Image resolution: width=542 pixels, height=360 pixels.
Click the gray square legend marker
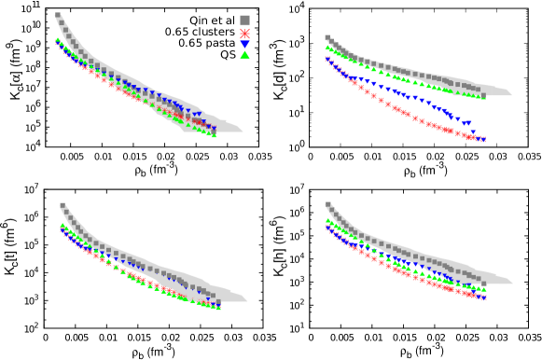point(244,20)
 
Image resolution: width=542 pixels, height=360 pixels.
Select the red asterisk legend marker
point(244,33)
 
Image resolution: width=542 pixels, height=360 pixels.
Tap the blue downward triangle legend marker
point(244,44)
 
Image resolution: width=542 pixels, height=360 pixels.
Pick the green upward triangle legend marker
point(244,55)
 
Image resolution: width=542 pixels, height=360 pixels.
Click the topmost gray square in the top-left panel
point(58,15)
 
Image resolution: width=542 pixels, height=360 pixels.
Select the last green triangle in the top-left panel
point(215,134)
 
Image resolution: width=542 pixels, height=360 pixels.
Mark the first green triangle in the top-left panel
point(58,40)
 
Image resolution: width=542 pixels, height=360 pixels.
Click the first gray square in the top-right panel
point(327,38)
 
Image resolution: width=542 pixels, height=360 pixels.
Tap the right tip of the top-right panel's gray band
point(511,93)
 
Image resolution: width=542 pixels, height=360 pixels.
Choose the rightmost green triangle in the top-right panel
point(482,96)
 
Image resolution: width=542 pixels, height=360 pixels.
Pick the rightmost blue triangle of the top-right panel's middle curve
point(468,122)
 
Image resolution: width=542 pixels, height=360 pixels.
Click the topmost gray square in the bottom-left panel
point(63,205)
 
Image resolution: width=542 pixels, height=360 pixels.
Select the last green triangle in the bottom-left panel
point(218,307)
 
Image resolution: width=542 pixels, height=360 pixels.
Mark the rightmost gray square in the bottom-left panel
point(213,295)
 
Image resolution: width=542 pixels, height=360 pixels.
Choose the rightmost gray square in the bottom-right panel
point(482,283)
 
